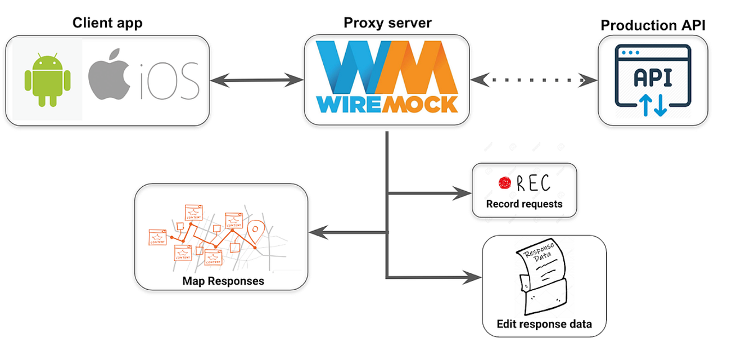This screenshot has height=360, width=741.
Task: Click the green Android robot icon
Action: (x=47, y=80)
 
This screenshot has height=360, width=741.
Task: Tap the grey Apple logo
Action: (x=109, y=78)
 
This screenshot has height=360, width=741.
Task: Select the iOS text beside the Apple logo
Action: (x=167, y=80)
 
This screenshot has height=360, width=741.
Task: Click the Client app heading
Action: (x=107, y=23)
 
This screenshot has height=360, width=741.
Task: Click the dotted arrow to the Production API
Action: (x=535, y=80)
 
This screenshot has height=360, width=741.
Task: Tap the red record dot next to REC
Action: (x=504, y=183)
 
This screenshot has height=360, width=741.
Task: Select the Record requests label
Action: (x=524, y=204)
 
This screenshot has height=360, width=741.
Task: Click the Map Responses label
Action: (x=223, y=280)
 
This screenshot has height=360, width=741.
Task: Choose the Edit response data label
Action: (x=544, y=324)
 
